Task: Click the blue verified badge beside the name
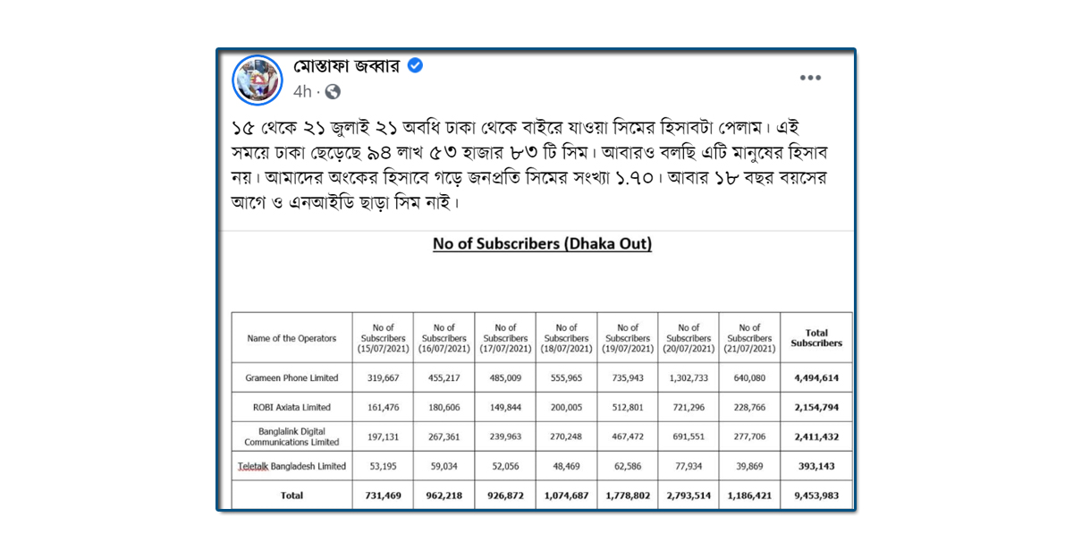pos(416,65)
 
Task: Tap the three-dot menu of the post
pos(810,78)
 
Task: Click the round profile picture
pos(258,80)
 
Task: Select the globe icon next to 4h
pos(333,91)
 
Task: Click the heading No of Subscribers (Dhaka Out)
pos(542,243)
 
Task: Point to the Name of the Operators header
pos(291,338)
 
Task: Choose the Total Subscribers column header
pos(816,338)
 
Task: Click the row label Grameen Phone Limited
pos(291,378)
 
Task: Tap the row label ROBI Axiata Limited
pos(291,407)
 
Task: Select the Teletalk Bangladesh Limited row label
pos(291,466)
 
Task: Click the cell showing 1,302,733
pos(689,378)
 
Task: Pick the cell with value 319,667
pos(383,378)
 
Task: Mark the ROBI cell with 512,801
pos(628,407)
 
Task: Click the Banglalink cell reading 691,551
pos(689,436)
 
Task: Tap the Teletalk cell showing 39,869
pos(749,466)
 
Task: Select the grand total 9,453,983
pos(816,495)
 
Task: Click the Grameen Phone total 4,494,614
pos(816,378)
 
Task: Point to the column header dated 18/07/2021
pos(566,338)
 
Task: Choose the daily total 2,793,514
pos(689,495)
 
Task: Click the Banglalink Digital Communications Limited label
pos(291,436)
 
